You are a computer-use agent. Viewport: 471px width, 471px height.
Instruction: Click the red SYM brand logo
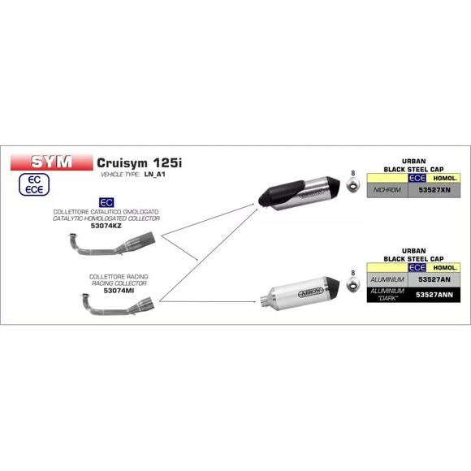coord(52,162)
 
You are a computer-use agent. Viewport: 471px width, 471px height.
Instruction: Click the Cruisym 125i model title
coord(139,163)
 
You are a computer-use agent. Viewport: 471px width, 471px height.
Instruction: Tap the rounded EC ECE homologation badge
coord(34,184)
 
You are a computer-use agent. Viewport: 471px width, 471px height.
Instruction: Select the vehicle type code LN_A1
coord(154,175)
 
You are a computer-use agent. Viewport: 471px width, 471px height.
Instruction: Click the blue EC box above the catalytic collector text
coord(106,202)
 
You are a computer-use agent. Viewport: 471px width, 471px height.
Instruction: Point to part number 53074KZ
coord(106,226)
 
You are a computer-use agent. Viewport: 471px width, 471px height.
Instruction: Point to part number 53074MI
coord(119,291)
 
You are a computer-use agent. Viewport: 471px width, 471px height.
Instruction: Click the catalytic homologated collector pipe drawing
coord(112,244)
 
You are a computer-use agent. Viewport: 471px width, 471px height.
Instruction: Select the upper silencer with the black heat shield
coord(299,193)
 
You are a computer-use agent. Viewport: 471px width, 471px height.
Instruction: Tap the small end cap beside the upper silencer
coord(352,184)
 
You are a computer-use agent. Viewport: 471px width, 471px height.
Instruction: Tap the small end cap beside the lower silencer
coord(352,283)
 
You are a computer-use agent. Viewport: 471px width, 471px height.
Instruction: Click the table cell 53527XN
coord(434,190)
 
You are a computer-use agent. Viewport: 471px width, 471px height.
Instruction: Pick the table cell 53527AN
coord(434,279)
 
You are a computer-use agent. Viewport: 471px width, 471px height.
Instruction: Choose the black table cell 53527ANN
coord(434,295)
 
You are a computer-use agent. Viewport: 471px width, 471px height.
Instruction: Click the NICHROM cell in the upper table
coord(387,190)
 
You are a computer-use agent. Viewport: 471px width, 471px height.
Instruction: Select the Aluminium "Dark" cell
coord(387,295)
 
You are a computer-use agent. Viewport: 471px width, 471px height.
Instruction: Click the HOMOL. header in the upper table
coord(445,178)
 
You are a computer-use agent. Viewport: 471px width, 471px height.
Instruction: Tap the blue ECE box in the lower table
coord(417,267)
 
